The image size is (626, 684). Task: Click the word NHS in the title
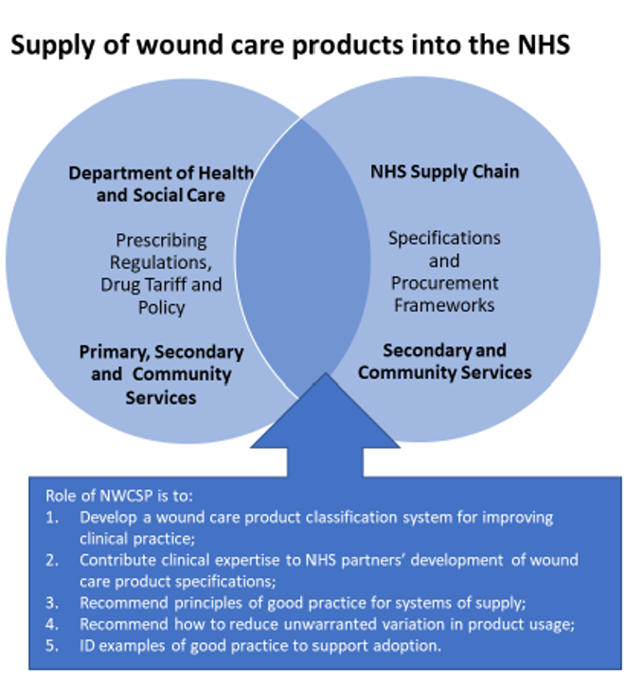click(544, 45)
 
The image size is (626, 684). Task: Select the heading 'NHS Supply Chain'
click(445, 171)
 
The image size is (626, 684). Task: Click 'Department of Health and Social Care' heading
click(161, 184)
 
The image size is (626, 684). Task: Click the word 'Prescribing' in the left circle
click(161, 241)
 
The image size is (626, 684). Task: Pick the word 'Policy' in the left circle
click(161, 308)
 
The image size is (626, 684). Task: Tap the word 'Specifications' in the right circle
click(444, 239)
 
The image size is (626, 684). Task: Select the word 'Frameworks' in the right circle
click(444, 305)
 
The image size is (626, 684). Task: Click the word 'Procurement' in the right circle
click(444, 283)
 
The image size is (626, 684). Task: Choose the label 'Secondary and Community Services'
click(445, 361)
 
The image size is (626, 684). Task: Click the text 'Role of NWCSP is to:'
click(119, 496)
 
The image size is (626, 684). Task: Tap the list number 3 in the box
click(51, 603)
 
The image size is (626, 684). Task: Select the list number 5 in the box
click(51, 645)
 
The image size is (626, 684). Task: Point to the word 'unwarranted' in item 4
click(330, 624)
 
